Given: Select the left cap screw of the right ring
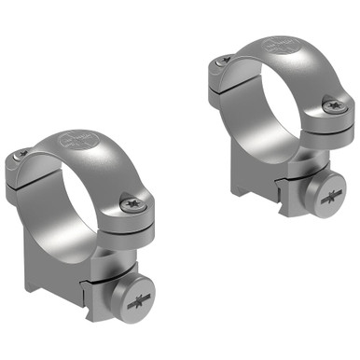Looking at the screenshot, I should pyautogui.click(x=221, y=62).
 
